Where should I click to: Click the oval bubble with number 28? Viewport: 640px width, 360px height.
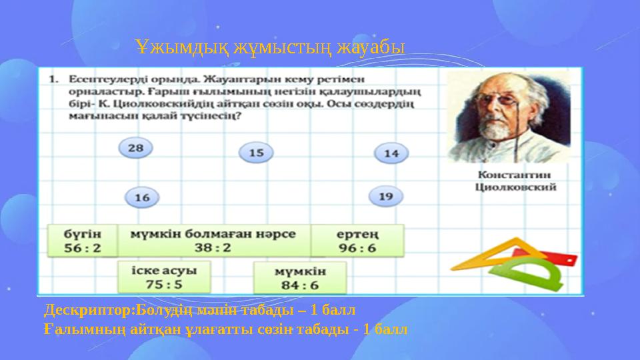tap(135, 148)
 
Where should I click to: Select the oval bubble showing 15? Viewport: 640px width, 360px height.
tap(256, 153)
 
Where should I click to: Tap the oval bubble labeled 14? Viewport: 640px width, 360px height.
tap(391, 153)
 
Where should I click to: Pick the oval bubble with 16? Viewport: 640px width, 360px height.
tap(142, 197)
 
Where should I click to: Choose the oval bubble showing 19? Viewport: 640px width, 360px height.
tap(386, 197)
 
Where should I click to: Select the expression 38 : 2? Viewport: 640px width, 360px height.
tap(213, 247)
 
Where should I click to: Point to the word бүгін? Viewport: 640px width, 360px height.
tap(83, 234)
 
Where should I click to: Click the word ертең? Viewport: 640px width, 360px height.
tap(357, 234)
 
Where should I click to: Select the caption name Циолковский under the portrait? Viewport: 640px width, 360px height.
tap(515, 188)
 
